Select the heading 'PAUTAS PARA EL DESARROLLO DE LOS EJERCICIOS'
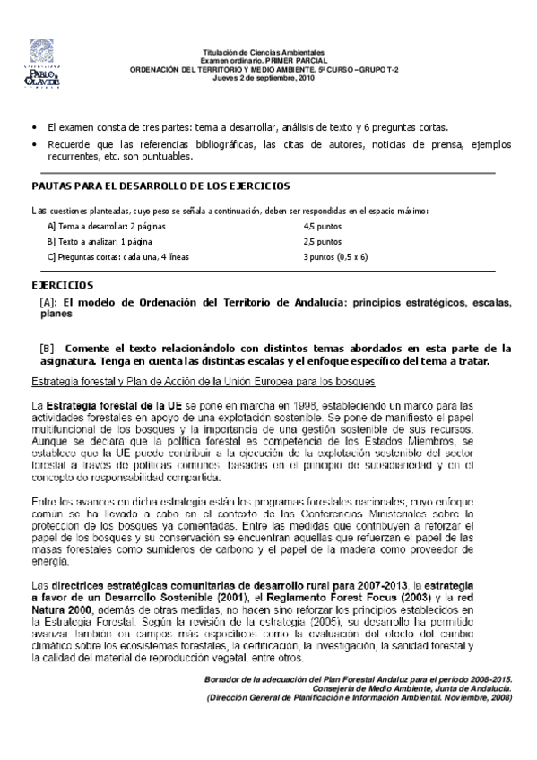[161, 186]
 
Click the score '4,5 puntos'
[322, 227]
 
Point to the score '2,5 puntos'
[322, 241]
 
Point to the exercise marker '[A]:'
[50, 302]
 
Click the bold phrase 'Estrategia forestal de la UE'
[101, 407]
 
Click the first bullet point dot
[34, 128]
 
